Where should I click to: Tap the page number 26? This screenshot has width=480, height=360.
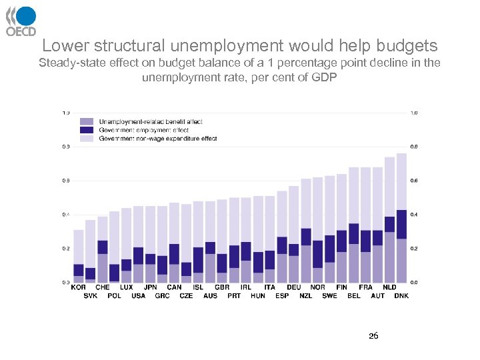click(x=373, y=336)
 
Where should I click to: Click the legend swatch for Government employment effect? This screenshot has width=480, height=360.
click(x=87, y=130)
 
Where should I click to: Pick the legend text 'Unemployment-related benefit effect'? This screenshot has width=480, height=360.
click(x=150, y=121)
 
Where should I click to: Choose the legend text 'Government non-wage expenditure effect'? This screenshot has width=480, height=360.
click(x=157, y=139)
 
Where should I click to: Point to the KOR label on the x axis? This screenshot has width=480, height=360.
click(x=78, y=287)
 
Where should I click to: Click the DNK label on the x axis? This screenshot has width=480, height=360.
click(x=401, y=295)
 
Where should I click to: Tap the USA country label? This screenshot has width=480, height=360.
click(x=138, y=295)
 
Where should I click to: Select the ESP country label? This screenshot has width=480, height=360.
click(x=282, y=295)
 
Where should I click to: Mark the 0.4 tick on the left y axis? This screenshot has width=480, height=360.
click(x=65, y=215)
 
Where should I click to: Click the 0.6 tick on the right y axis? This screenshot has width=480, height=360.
click(x=415, y=181)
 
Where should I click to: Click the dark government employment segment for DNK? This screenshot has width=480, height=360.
click(x=401, y=224)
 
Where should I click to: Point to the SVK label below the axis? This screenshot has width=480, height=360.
click(x=90, y=295)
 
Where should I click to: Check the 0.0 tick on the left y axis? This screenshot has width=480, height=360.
click(x=65, y=283)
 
